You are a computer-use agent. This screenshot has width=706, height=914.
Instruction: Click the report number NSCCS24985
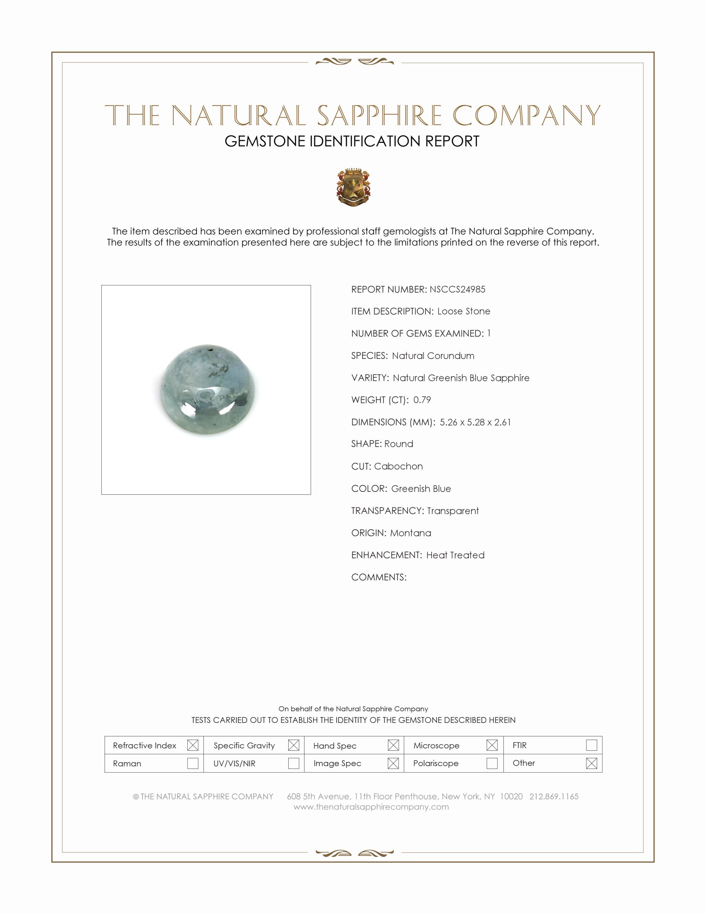click(x=457, y=289)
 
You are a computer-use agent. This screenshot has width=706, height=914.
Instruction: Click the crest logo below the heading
click(x=353, y=187)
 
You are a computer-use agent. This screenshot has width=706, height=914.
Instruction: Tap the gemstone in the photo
click(x=208, y=389)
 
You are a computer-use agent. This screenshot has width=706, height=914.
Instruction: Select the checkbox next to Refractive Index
click(x=193, y=745)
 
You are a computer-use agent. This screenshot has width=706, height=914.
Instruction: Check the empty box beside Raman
click(x=193, y=763)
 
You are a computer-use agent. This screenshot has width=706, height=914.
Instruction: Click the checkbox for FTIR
click(x=591, y=745)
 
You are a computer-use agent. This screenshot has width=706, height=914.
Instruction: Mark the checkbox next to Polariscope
click(x=492, y=763)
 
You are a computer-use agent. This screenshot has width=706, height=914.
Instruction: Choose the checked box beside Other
click(x=591, y=763)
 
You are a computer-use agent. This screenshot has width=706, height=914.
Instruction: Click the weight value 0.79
click(x=422, y=400)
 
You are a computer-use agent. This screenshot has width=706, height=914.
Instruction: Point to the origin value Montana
click(x=410, y=533)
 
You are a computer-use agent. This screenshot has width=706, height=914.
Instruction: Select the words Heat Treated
click(x=455, y=555)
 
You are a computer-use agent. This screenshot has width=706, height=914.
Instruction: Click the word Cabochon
click(x=398, y=466)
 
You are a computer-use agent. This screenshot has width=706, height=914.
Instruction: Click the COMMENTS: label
click(x=378, y=577)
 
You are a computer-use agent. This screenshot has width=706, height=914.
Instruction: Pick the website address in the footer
click(x=371, y=807)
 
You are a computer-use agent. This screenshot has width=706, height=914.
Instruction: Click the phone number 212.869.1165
click(x=554, y=796)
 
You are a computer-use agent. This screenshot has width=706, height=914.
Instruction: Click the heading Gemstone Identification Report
click(x=352, y=141)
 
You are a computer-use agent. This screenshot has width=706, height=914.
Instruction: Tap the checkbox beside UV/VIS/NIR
click(x=294, y=763)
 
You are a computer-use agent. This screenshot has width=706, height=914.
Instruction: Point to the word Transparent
click(x=453, y=511)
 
